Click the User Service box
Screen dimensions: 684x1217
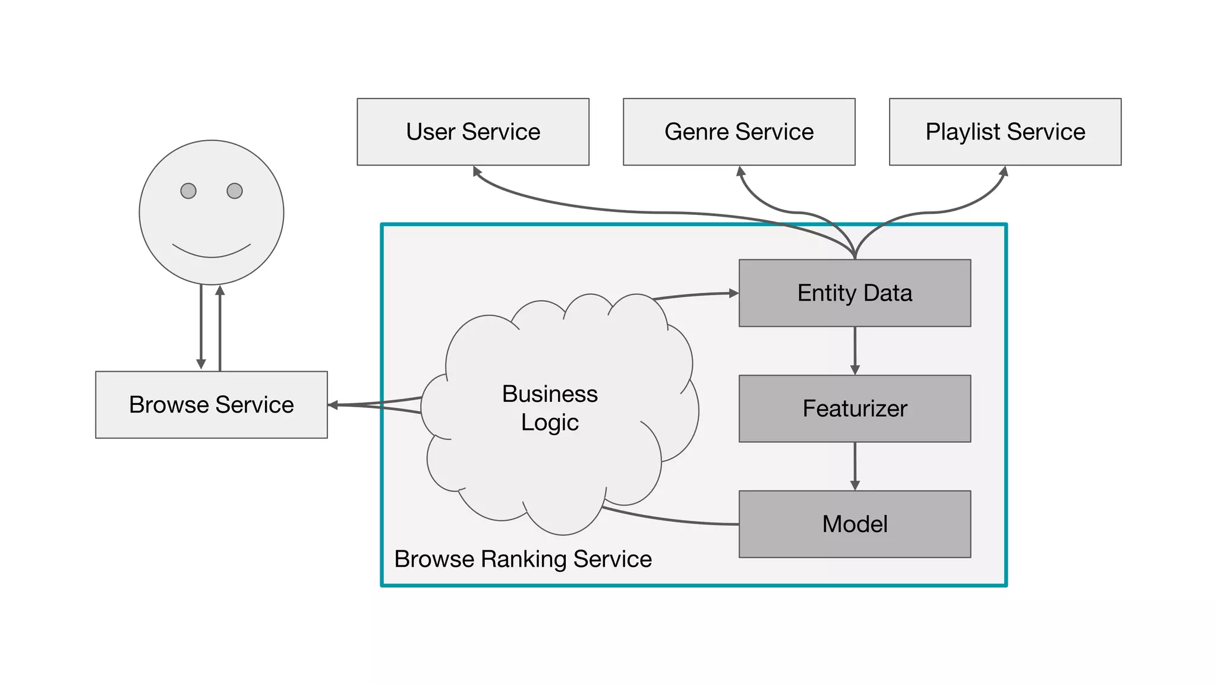coord(473,132)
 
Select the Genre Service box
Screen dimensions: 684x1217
coord(739,132)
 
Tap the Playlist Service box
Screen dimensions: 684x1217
coord(1005,132)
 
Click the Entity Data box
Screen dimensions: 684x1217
coord(855,293)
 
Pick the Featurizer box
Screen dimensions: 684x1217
coord(855,408)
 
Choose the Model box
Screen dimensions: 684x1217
coord(855,524)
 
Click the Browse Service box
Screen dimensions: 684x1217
coord(212,405)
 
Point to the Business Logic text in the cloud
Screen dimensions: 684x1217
coord(550,408)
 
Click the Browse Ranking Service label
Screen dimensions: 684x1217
coord(523,559)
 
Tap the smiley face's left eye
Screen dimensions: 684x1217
coord(188,191)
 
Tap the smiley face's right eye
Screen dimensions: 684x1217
coord(235,191)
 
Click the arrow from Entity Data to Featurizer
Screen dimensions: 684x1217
coord(855,350)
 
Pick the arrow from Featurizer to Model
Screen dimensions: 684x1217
coord(855,466)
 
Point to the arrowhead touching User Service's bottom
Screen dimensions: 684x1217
coord(477,171)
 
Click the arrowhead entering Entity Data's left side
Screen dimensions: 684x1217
coord(734,293)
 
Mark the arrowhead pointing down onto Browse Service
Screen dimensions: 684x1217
coord(201,364)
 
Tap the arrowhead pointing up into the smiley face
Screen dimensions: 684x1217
coord(220,290)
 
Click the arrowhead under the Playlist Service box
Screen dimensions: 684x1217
coord(1004,171)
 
